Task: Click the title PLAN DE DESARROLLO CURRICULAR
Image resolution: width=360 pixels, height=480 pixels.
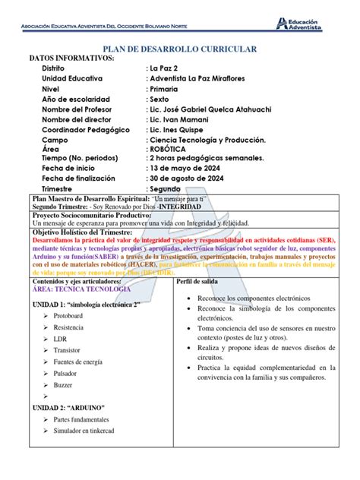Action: pyautogui.click(x=179, y=49)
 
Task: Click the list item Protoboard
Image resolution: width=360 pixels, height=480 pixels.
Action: pyautogui.click(x=68, y=314)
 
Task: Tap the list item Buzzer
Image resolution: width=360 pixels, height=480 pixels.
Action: pyautogui.click(x=64, y=385)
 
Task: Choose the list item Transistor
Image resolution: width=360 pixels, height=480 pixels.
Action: pyautogui.click(x=68, y=350)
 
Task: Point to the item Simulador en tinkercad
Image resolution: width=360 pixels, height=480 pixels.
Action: pyautogui.click(x=90, y=431)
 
